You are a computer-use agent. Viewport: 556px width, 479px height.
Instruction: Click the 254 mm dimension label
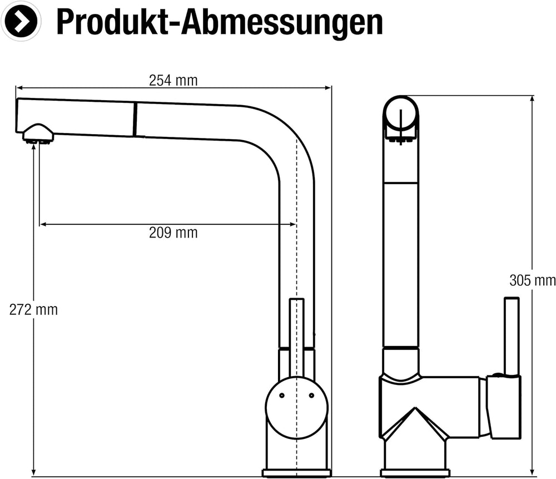point(173,81)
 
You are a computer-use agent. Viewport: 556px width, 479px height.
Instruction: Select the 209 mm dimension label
point(173,233)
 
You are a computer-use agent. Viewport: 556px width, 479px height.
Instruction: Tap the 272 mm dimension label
point(33,310)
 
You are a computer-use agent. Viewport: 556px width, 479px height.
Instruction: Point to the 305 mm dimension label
point(532,280)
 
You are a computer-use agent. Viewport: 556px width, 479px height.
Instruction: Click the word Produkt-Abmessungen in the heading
point(220,22)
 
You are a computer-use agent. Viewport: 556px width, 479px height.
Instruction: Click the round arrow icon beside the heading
point(21,21)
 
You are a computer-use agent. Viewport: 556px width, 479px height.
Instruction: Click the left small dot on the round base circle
point(281,396)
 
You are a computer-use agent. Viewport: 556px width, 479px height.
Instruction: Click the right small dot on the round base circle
point(311,396)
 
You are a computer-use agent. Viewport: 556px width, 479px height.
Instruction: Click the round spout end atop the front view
point(400,117)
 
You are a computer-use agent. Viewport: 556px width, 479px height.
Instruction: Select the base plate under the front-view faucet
point(415,473)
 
